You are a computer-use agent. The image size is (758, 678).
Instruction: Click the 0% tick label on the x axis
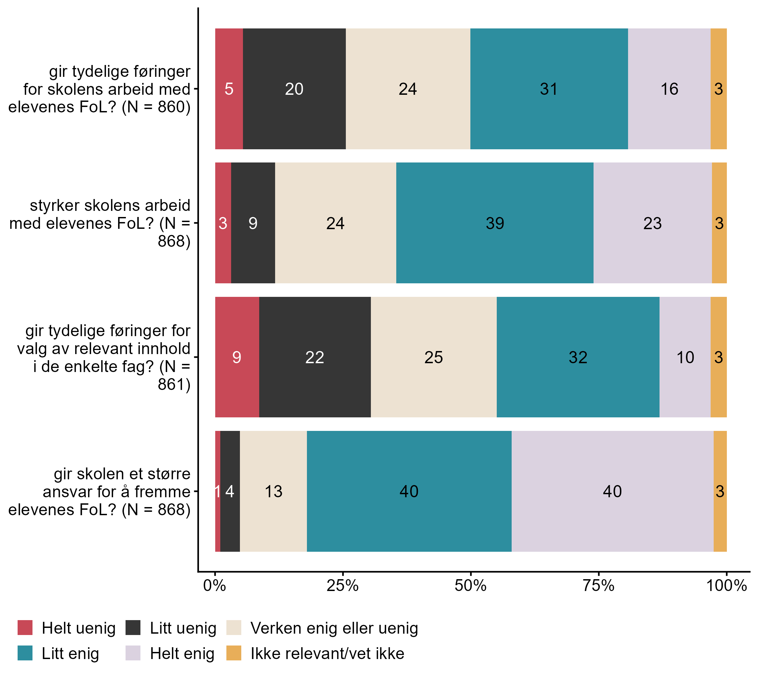point(215,586)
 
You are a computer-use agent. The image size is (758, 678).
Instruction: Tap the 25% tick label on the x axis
point(342,586)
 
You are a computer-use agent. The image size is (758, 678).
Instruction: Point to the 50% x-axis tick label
point(470,586)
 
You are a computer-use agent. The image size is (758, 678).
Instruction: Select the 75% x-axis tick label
point(598,586)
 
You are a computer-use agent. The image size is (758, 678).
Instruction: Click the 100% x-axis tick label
point(726,586)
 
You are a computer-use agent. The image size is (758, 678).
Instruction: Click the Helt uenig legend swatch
point(25,628)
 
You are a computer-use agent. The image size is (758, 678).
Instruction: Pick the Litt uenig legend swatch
point(133,628)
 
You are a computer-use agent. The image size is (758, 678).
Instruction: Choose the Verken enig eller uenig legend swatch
point(233,628)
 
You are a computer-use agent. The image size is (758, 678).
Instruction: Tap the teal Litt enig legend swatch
point(25,653)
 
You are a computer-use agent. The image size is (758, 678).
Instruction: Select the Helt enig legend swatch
point(133,653)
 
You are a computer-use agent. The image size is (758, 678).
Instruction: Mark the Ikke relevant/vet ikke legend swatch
point(233,653)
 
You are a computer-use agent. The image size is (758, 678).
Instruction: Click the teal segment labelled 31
point(549,89)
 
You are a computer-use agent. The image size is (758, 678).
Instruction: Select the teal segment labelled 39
point(495,223)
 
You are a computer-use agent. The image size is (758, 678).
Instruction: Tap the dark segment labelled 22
point(315,357)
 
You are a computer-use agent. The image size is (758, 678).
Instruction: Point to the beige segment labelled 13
point(273,491)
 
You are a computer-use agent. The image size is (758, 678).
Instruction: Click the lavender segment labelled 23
point(652,223)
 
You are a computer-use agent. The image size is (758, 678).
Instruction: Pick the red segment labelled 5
point(229,89)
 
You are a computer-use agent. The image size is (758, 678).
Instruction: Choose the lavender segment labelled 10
point(685,357)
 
